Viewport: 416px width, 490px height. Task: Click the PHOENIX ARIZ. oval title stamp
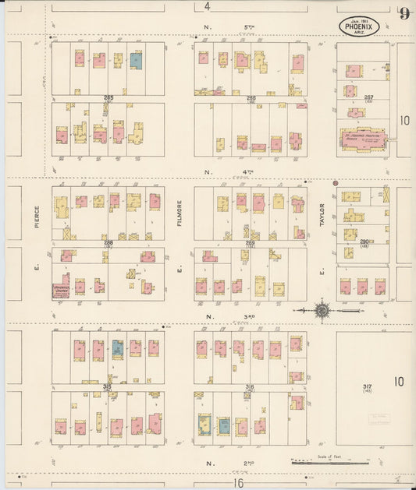click(x=361, y=26)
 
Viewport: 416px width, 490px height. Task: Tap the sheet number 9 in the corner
click(x=404, y=13)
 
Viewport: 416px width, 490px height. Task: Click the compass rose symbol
click(x=322, y=312)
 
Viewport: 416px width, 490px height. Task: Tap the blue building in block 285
click(x=136, y=59)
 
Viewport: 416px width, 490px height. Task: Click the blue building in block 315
click(x=118, y=348)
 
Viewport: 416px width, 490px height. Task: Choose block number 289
click(x=250, y=243)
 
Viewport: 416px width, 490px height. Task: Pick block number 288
click(x=108, y=243)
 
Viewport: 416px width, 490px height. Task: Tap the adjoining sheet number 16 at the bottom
click(x=238, y=483)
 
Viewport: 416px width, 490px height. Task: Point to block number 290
click(x=364, y=242)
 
